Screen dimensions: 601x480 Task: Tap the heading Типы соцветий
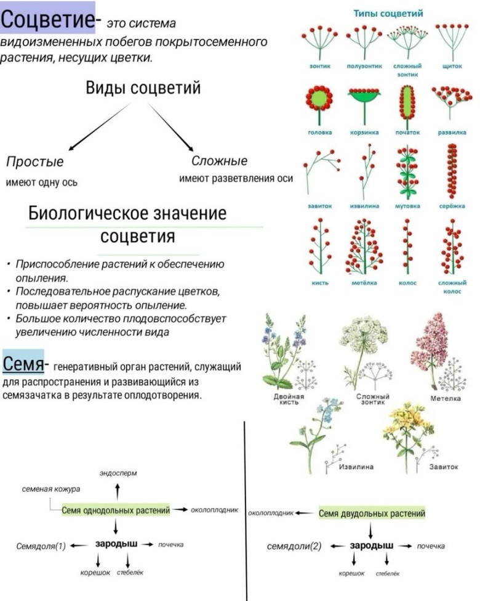[387, 14]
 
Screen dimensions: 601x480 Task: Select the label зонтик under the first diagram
[319, 65]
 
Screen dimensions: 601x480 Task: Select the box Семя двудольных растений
[372, 513]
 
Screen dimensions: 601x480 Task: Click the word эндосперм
[118, 473]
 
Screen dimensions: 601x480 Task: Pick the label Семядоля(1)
[41, 546]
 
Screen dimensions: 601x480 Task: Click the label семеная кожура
[51, 489]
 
